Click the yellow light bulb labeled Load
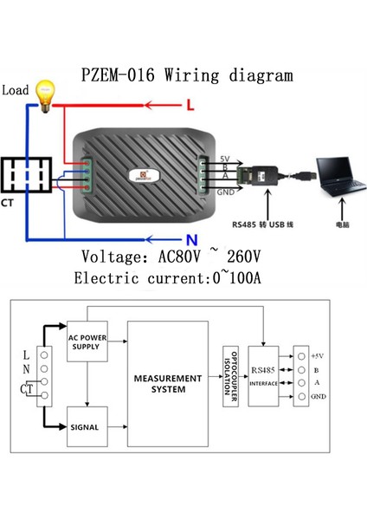43,94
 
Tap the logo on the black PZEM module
141,175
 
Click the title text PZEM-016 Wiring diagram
183,75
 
